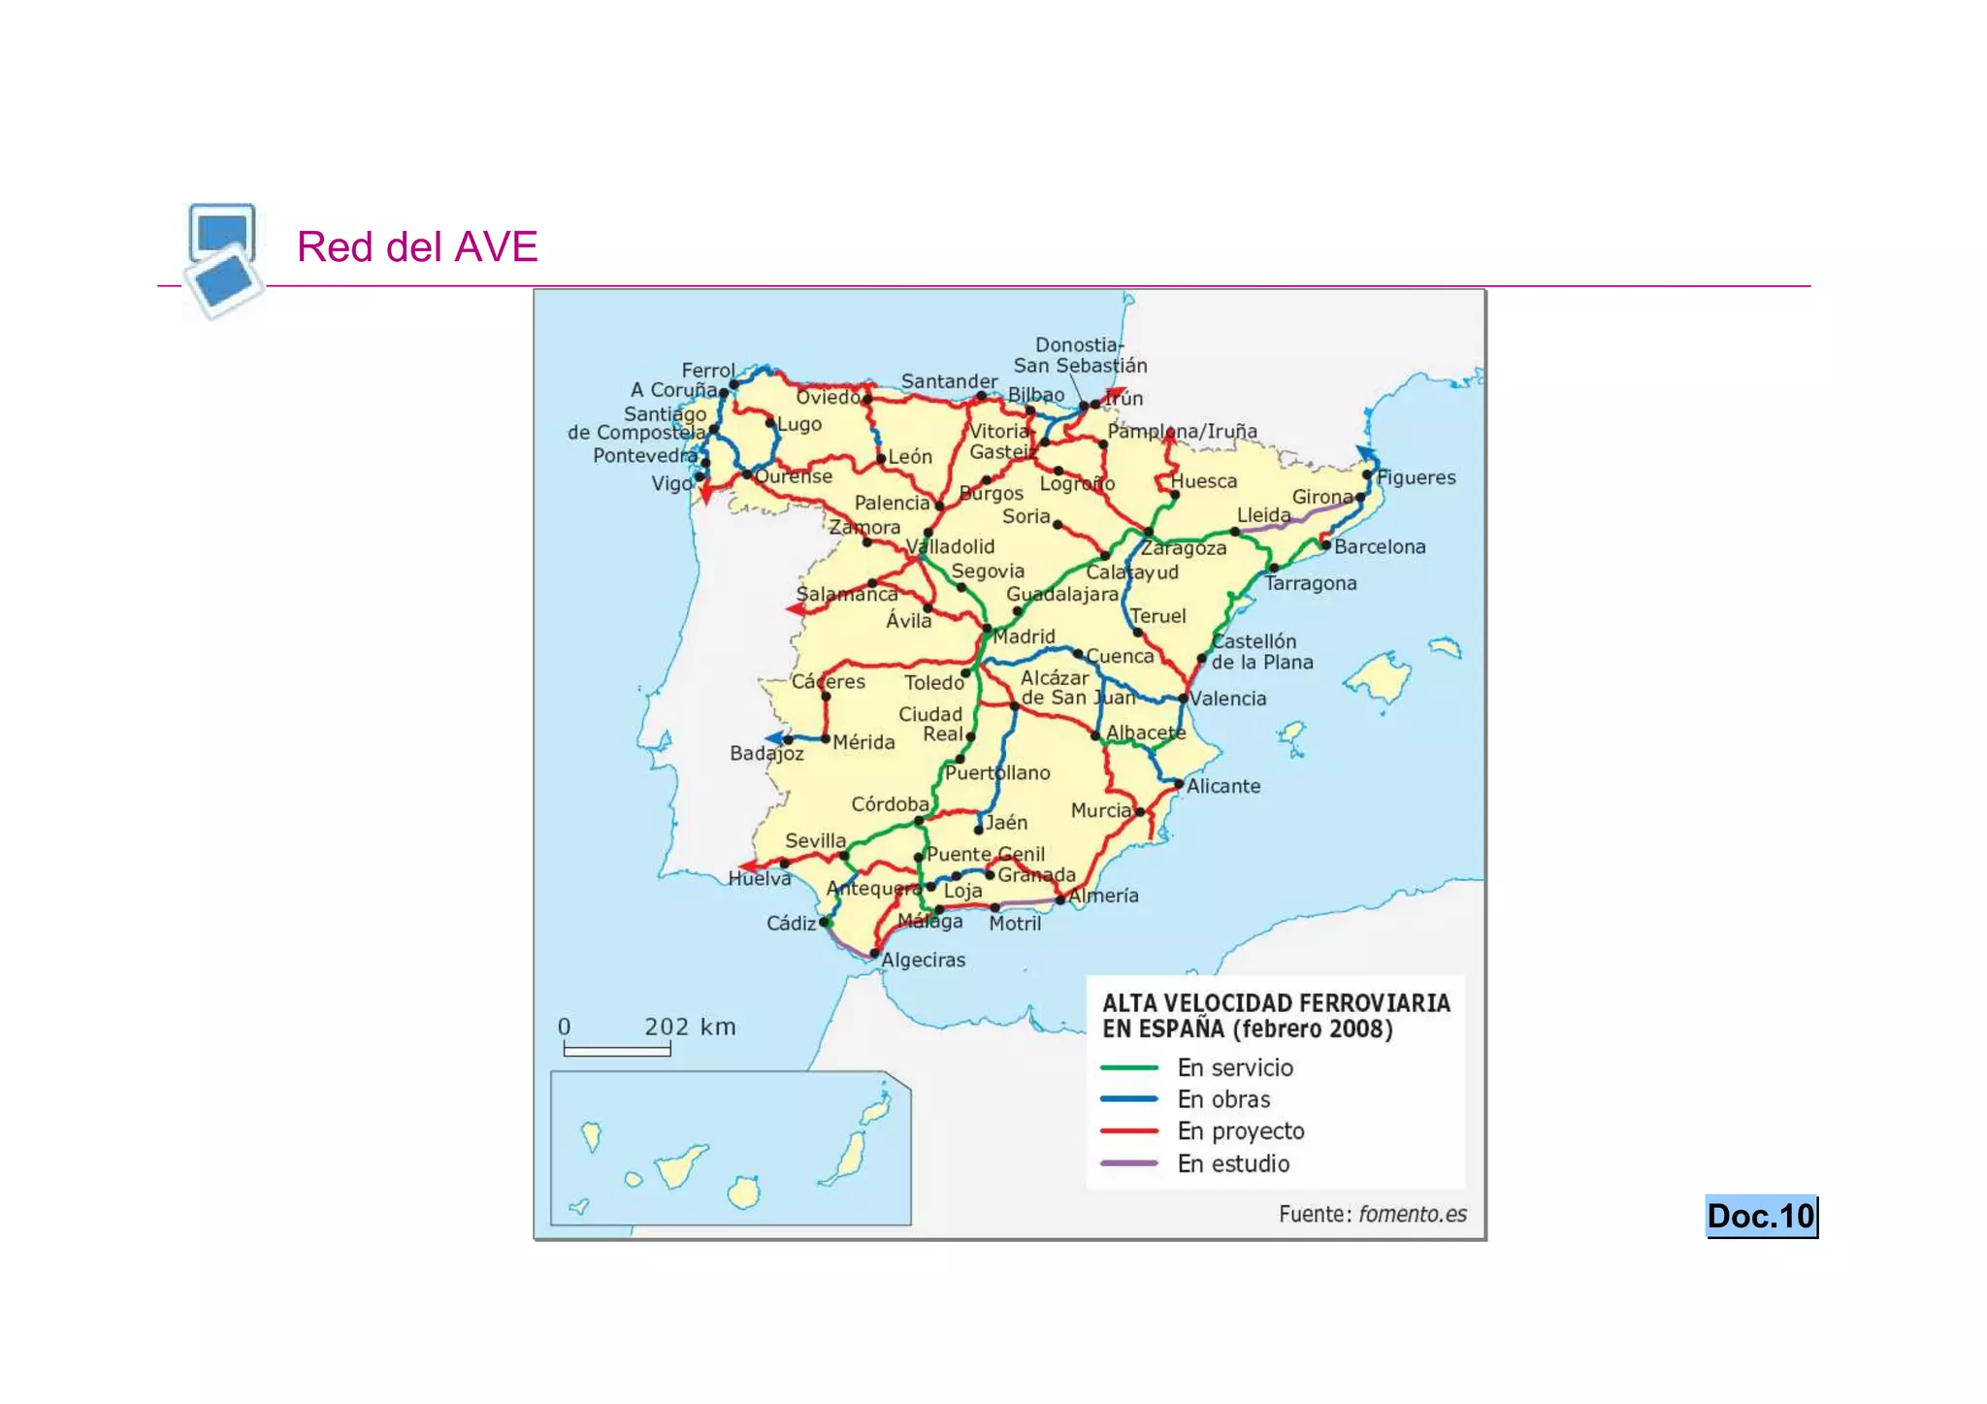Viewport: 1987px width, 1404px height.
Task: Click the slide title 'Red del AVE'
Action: pyautogui.click(x=417, y=246)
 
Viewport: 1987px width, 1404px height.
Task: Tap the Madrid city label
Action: pyautogui.click(x=1025, y=637)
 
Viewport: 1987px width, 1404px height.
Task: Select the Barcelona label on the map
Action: pyautogui.click(x=1380, y=546)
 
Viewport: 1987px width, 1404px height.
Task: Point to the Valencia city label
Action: pyautogui.click(x=1228, y=699)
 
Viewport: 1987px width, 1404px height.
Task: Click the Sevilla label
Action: pyautogui.click(x=815, y=840)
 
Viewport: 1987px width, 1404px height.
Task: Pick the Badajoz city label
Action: pyautogui.click(x=766, y=753)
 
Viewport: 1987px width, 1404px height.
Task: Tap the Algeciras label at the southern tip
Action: pyautogui.click(x=924, y=960)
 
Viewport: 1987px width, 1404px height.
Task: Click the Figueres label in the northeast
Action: pyautogui.click(x=1417, y=477)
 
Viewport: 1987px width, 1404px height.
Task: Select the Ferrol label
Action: pyautogui.click(x=708, y=371)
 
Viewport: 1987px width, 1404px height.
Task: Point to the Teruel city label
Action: pyautogui.click(x=1157, y=616)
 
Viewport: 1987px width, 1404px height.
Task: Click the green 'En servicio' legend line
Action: pyautogui.click(x=1129, y=1067)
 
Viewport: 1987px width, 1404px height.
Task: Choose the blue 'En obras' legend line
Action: pyautogui.click(x=1129, y=1099)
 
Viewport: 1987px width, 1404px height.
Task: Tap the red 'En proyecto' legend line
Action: pyautogui.click(x=1129, y=1131)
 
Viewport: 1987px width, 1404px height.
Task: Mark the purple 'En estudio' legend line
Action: pyautogui.click(x=1129, y=1163)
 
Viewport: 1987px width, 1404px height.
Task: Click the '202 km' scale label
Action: pyautogui.click(x=690, y=1027)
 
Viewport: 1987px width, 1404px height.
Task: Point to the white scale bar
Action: pyautogui.click(x=617, y=1050)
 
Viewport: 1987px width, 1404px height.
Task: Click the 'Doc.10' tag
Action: pyautogui.click(x=1761, y=1216)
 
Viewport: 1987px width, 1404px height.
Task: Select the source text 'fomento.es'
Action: pyautogui.click(x=1413, y=1214)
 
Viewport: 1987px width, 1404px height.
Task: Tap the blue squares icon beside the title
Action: pyautogui.click(x=224, y=258)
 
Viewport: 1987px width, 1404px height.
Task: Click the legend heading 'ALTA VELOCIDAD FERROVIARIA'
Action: pyautogui.click(x=1276, y=1003)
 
